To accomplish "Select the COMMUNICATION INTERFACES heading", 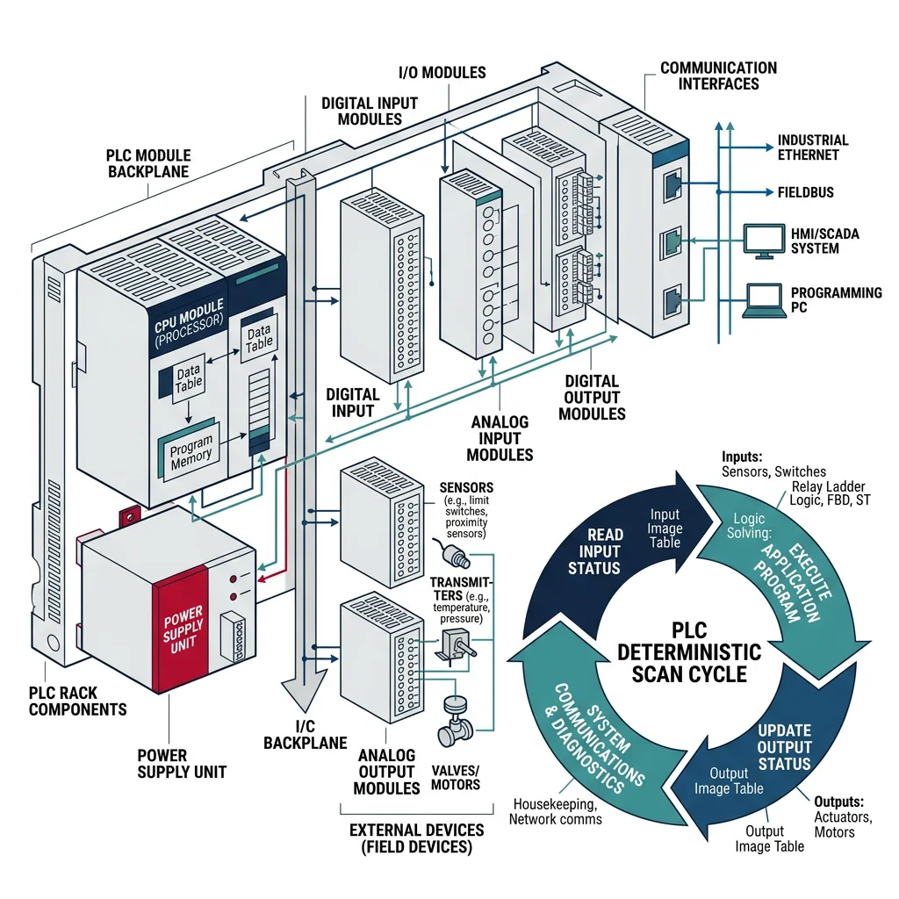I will click(718, 76).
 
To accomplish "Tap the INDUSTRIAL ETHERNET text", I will click(812, 147).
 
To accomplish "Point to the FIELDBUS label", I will click(805, 191).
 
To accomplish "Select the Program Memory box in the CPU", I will click(191, 449).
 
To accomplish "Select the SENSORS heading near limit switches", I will click(465, 488).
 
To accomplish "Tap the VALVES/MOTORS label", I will click(455, 776).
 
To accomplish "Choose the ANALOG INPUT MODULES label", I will click(500, 439).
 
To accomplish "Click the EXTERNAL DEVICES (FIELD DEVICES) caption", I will click(416, 838).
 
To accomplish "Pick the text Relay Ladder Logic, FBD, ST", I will click(826, 493).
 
